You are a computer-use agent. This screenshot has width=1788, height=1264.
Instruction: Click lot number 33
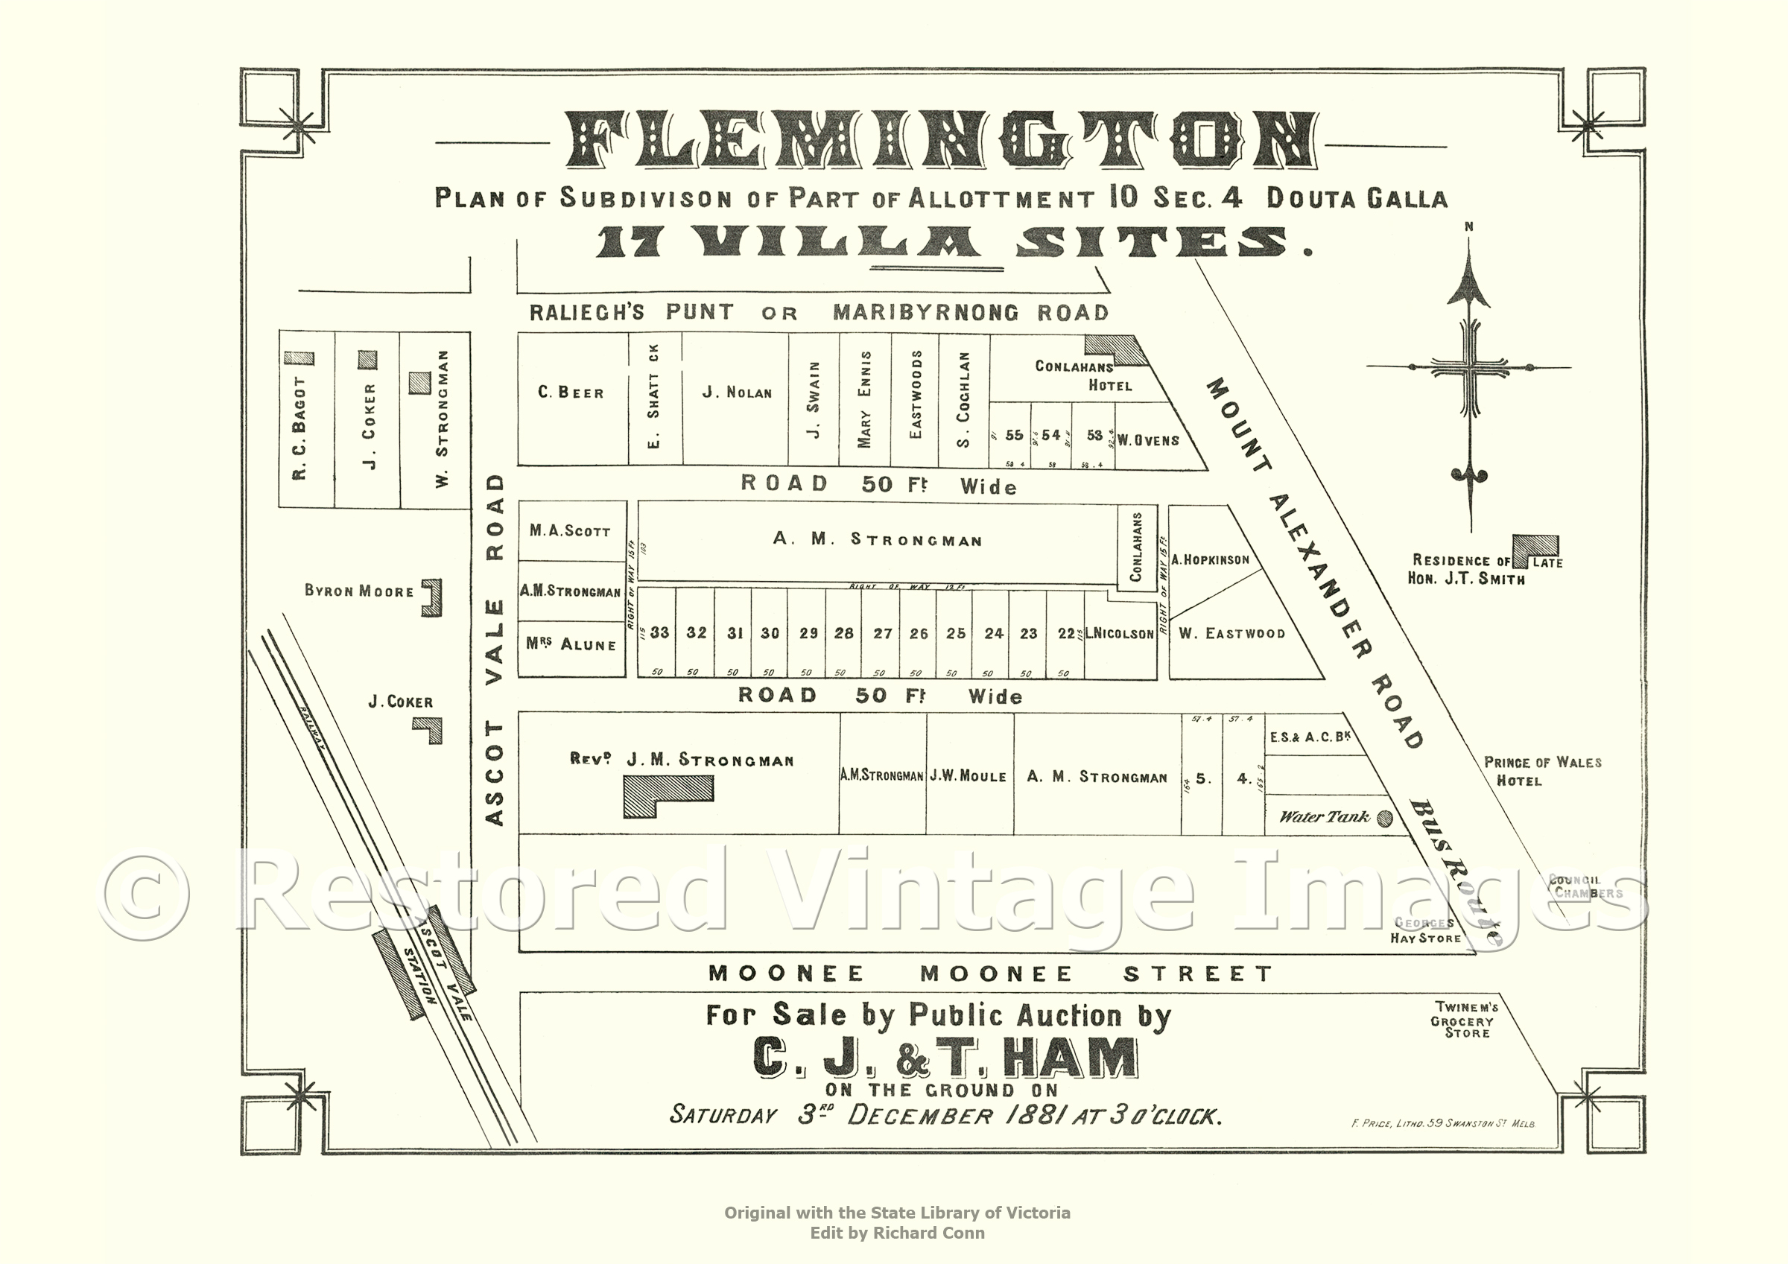click(659, 632)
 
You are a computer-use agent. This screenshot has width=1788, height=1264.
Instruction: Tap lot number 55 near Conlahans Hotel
click(1014, 435)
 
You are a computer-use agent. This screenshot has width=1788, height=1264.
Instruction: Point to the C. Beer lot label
click(571, 393)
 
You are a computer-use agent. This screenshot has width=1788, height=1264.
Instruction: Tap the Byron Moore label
click(359, 591)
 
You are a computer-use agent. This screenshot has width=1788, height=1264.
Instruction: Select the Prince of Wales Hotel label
click(1542, 771)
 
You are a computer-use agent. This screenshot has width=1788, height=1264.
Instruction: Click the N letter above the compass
click(1468, 227)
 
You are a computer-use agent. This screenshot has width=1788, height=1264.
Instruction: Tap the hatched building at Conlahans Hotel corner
click(1115, 349)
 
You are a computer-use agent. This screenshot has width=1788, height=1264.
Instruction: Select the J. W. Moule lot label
click(969, 776)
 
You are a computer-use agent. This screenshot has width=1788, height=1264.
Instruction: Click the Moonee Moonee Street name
click(991, 974)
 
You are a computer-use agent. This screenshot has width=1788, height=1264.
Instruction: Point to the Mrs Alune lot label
click(571, 644)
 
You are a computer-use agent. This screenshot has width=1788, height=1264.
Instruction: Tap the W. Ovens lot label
click(1148, 441)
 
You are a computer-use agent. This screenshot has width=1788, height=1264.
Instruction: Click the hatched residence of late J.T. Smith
click(1535, 547)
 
